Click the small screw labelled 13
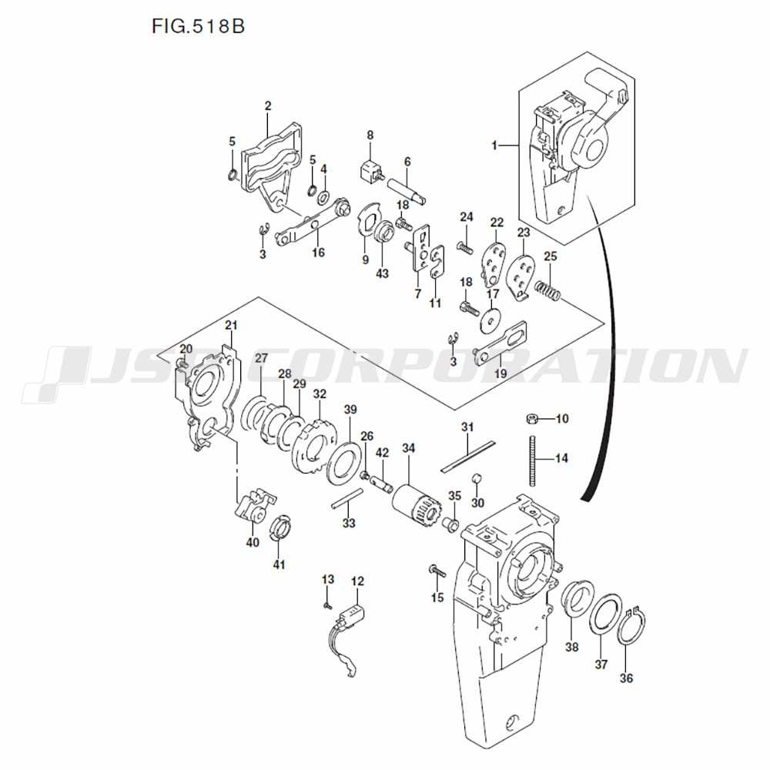[328, 604]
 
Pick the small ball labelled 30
[477, 480]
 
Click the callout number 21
[230, 326]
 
